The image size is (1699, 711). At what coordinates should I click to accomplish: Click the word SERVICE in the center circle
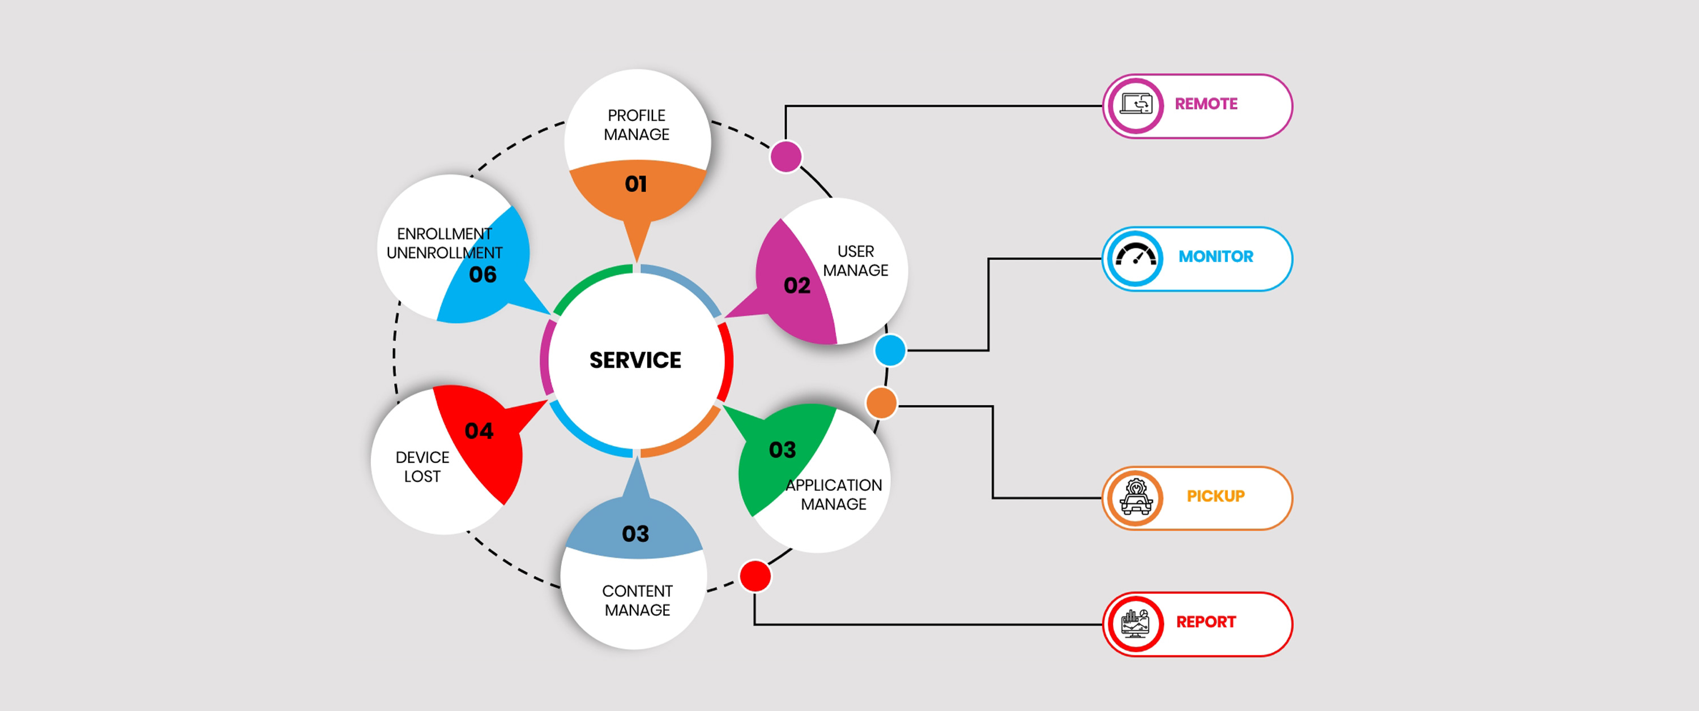(635, 360)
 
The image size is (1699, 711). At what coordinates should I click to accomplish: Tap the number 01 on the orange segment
(636, 184)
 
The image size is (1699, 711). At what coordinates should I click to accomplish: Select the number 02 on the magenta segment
(797, 285)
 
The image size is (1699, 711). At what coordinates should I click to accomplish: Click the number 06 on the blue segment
(483, 275)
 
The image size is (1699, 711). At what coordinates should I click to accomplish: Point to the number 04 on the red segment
(479, 431)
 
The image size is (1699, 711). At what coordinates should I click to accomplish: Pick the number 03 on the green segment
(782, 450)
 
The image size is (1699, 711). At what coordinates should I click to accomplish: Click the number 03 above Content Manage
(635, 534)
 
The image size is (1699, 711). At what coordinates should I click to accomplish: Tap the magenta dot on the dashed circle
(786, 157)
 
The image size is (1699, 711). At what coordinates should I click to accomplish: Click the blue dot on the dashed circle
(890, 350)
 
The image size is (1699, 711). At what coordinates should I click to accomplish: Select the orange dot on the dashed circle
(881, 403)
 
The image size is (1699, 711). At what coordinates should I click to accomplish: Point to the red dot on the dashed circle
(755, 576)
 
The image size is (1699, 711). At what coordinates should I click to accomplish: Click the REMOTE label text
(1206, 104)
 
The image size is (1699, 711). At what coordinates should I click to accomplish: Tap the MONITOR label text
(1215, 256)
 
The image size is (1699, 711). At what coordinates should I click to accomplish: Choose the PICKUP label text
(1215, 496)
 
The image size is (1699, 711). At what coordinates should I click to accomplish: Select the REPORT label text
(1206, 622)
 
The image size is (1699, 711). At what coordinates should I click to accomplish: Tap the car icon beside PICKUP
(1135, 498)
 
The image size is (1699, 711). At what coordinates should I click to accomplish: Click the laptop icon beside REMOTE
(1135, 105)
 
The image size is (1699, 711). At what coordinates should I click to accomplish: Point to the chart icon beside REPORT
(1135, 623)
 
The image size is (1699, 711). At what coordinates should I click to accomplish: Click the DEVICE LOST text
(422, 467)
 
